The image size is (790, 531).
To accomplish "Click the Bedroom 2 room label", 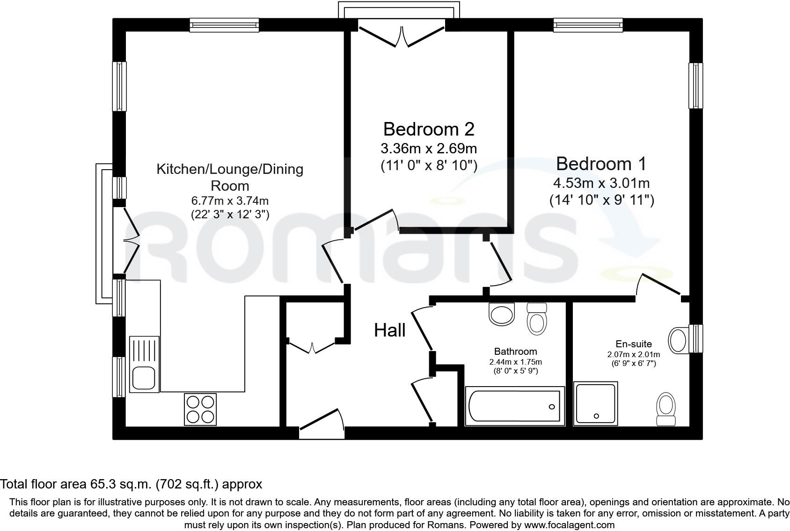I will click(x=429, y=129).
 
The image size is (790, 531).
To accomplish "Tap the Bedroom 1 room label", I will click(x=601, y=164).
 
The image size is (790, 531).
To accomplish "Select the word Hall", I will click(x=389, y=330).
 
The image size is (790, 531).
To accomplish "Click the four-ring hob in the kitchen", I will click(x=200, y=409).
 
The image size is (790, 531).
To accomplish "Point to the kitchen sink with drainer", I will click(x=144, y=364).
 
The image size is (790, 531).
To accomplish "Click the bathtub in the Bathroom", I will click(x=514, y=406).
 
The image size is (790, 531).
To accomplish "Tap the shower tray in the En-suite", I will click(x=595, y=403).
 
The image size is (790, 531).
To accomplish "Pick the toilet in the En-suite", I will click(x=666, y=409).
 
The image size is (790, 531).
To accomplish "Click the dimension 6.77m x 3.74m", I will click(x=229, y=201).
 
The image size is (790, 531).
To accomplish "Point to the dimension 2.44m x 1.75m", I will click(x=515, y=362).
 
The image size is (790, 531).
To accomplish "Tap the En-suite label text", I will click(x=633, y=344).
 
